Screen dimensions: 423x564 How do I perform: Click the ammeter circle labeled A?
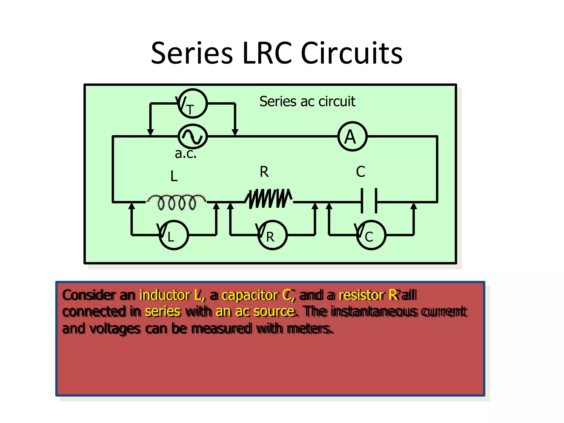pyautogui.click(x=352, y=136)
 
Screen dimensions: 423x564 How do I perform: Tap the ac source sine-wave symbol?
pyautogui.click(x=192, y=136)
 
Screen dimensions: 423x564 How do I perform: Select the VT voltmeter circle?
pyautogui.click(x=192, y=104)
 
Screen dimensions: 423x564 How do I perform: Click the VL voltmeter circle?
pyautogui.click(x=174, y=235)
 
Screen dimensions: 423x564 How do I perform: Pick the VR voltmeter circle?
pyautogui.click(x=273, y=235)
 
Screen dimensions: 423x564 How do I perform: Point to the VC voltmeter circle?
pyautogui.click(x=371, y=235)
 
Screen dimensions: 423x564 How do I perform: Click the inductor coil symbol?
pyautogui.click(x=176, y=202)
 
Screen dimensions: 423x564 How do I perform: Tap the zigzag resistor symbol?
pyautogui.click(x=269, y=198)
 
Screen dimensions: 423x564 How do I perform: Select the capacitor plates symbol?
pyautogui.click(x=369, y=200)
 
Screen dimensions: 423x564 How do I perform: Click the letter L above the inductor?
pyautogui.click(x=174, y=176)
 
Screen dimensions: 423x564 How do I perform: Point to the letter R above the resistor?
pyautogui.click(x=264, y=172)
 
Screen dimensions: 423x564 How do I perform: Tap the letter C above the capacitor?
pyautogui.click(x=360, y=172)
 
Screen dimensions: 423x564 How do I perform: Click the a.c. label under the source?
pyautogui.click(x=186, y=153)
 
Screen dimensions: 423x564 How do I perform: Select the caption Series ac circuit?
pyautogui.click(x=307, y=101)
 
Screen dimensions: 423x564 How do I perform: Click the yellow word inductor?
pyautogui.click(x=165, y=295)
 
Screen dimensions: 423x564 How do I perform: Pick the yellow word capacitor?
pyautogui.click(x=250, y=295)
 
